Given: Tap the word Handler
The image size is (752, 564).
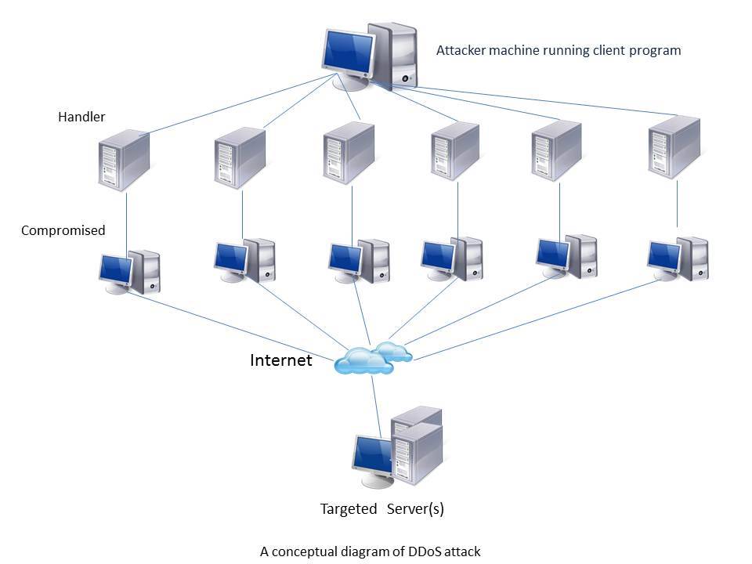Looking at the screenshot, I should [81, 117].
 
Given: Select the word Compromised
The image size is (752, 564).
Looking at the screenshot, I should [63, 230].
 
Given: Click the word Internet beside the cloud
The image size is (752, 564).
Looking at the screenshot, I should [280, 360].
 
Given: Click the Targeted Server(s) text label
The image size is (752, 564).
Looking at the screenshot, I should [381, 509].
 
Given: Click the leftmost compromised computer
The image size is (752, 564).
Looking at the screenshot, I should [130, 272].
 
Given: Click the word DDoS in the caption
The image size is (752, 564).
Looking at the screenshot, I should [409, 551].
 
